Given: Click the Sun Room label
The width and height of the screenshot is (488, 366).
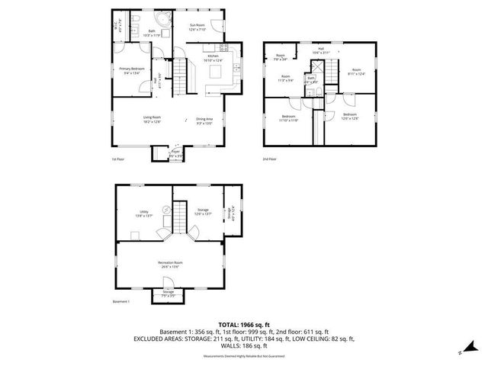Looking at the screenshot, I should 197,27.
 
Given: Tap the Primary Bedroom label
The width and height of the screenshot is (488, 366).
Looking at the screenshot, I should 131,70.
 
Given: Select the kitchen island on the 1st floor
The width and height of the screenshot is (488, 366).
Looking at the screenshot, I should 215,72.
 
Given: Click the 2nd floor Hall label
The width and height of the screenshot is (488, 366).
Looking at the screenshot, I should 320,50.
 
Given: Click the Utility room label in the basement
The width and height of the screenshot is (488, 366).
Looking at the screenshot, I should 143,213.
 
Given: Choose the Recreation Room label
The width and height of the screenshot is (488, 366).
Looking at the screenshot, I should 172,265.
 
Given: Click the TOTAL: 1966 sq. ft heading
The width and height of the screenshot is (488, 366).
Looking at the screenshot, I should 244,325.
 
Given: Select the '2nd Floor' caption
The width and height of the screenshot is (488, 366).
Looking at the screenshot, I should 269,159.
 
